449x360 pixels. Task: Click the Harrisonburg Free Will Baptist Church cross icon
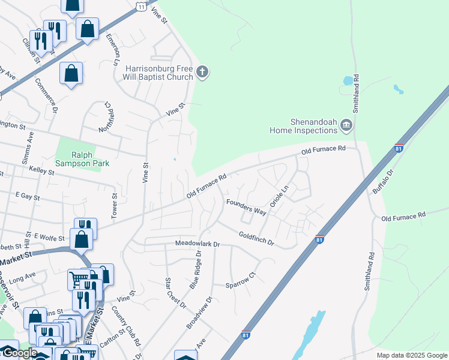point(202,73)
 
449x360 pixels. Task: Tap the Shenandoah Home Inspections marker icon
point(346,125)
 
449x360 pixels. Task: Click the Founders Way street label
point(246,207)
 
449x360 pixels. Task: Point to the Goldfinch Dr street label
point(256,239)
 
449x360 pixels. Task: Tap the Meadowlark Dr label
point(198,244)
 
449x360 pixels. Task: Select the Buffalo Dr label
point(382,180)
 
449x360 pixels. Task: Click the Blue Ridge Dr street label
point(196,270)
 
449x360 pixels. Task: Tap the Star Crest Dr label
point(176,293)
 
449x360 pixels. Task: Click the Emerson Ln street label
point(112,49)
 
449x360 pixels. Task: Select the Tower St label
point(114,203)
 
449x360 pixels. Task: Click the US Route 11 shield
point(140,5)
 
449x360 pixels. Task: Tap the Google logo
point(19,353)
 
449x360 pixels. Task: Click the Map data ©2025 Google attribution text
point(411,355)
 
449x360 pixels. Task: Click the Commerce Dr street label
point(46,96)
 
